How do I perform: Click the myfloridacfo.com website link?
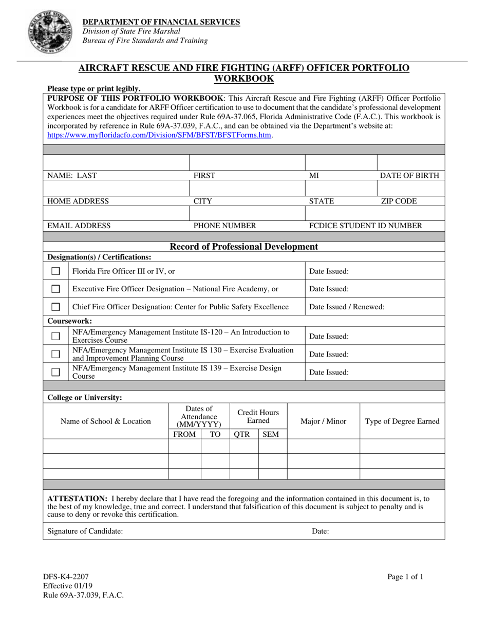[159, 135]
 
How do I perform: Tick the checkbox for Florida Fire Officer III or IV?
[56, 271]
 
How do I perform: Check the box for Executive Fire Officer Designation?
[56, 289]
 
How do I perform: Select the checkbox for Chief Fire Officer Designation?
[56, 307]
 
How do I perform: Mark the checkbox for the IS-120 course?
[56, 336]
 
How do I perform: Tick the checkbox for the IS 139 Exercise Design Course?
[56, 372]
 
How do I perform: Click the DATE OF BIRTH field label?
[409, 175]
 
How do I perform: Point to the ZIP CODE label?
[399, 201]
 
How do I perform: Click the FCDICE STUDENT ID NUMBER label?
[365, 225]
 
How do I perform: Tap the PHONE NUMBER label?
[224, 225]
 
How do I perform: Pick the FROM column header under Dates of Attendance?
[184, 434]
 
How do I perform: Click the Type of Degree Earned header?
[402, 421]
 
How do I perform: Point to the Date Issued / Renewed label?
[347, 307]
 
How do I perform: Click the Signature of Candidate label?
[85, 531]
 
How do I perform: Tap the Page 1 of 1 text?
[406, 577]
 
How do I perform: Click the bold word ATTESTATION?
[77, 498]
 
